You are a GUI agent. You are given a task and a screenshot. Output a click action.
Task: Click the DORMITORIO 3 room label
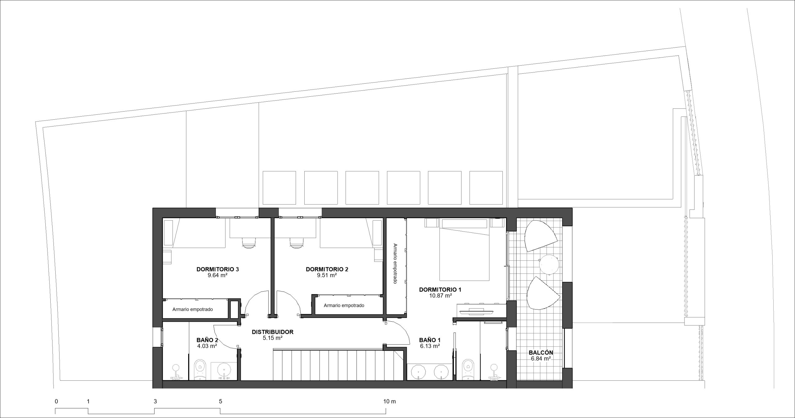click(217, 269)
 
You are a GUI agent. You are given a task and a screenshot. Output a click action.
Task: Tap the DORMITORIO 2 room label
click(327, 269)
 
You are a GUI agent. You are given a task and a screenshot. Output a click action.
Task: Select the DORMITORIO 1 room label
click(440, 290)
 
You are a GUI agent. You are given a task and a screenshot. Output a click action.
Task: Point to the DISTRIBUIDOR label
click(272, 332)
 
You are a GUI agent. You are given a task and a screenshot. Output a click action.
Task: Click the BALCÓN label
click(541, 353)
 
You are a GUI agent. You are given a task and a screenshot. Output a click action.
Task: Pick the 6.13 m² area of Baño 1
click(430, 346)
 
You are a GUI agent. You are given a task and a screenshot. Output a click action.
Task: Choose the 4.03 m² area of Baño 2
click(207, 346)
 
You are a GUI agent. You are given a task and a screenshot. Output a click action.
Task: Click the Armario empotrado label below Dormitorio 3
click(193, 310)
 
